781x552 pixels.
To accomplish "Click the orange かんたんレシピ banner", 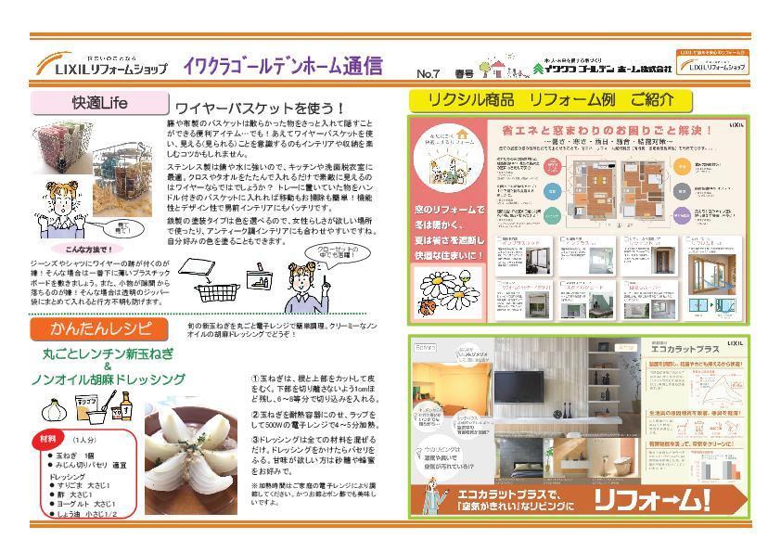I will [98, 328].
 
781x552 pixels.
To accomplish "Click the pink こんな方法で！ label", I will [86, 250].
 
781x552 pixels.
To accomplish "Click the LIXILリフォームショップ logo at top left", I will [102, 67].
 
